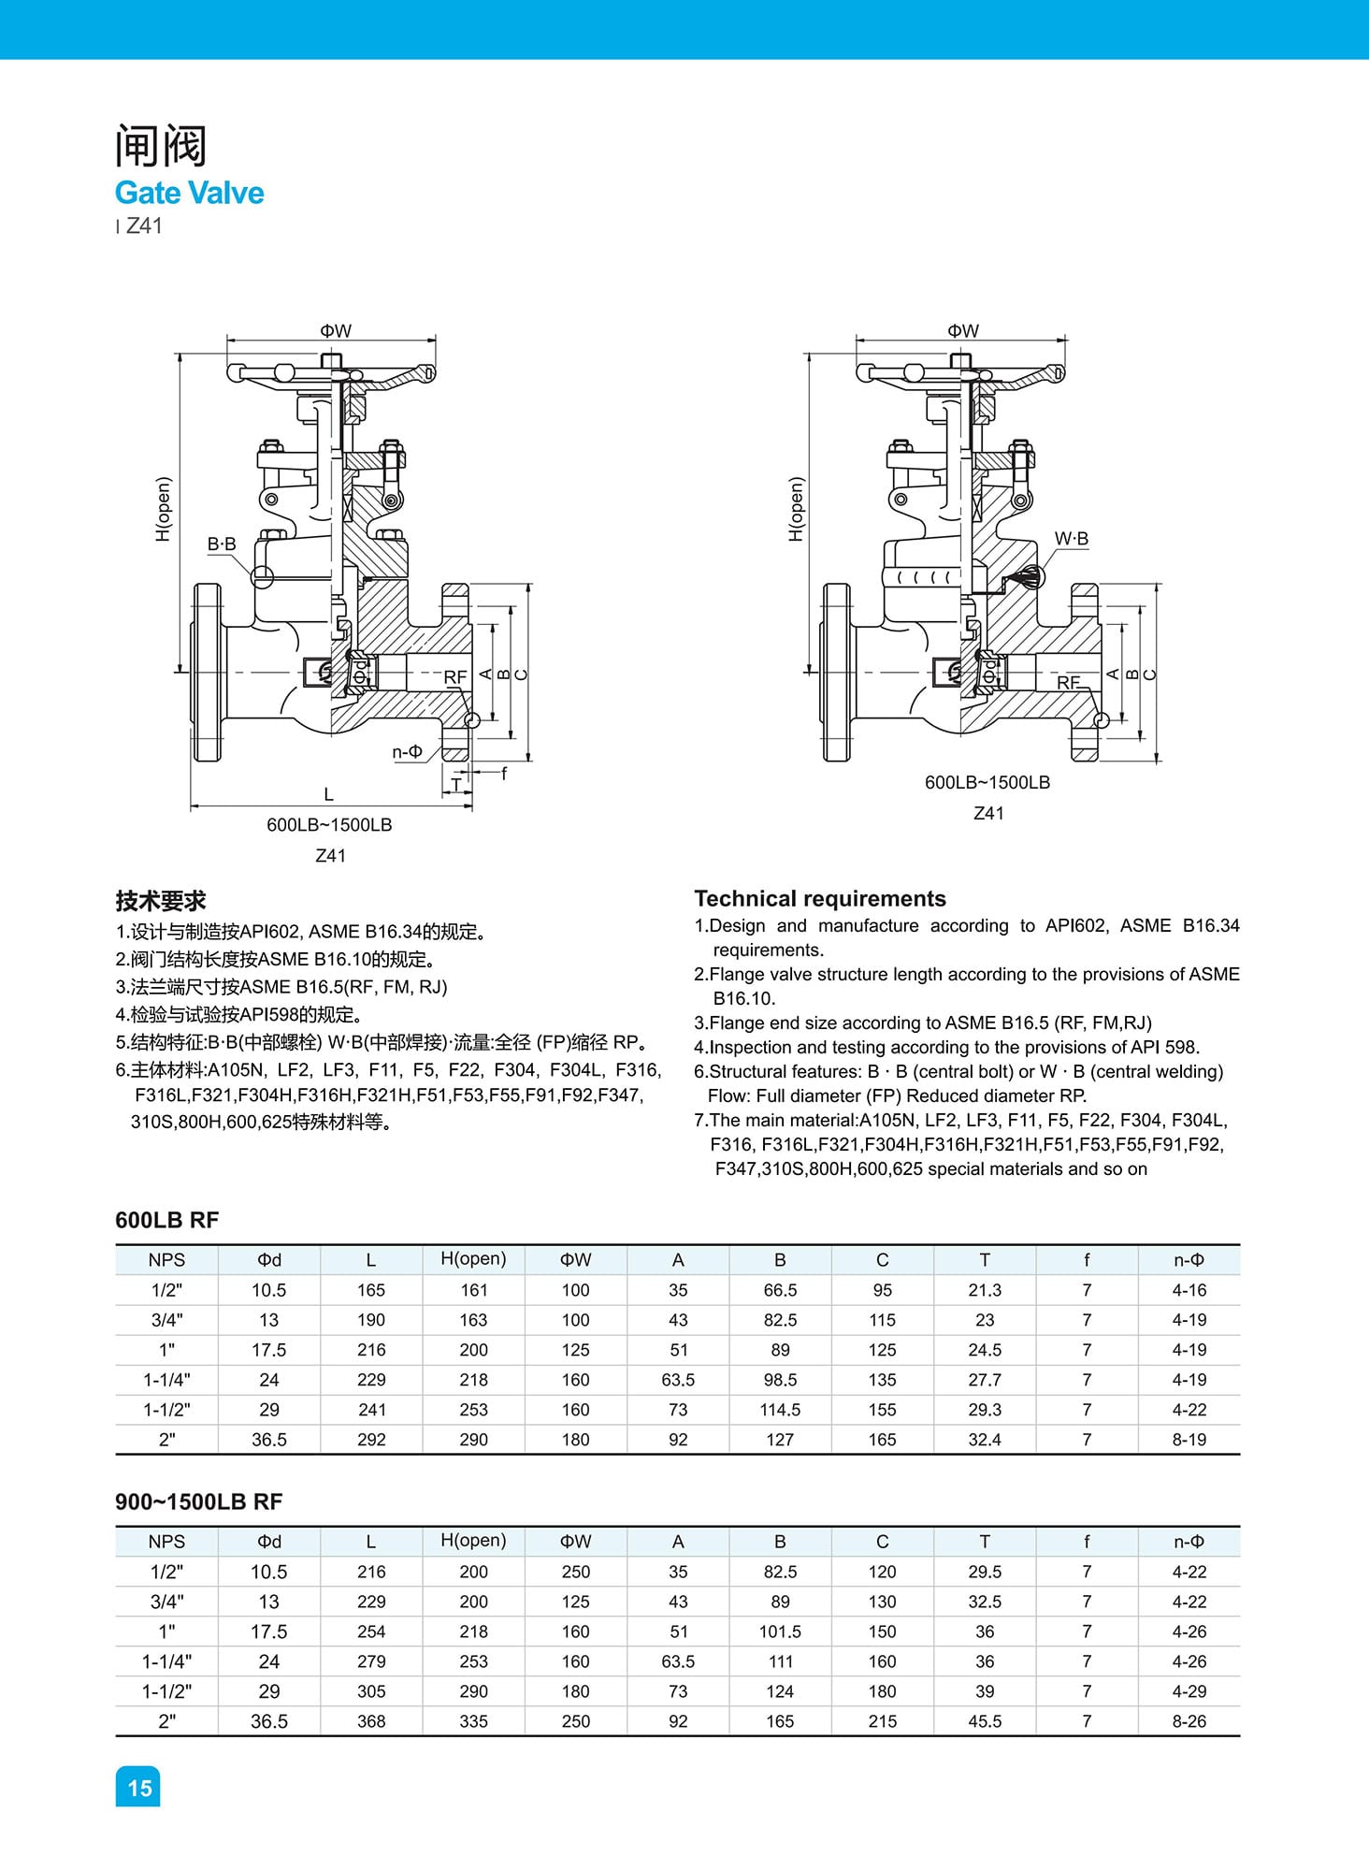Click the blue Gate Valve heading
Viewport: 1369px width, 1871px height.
pos(189,193)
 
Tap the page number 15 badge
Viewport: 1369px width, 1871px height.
pos(138,1787)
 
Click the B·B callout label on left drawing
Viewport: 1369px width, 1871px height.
pos(222,544)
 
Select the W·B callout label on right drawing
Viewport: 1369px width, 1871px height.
pos(1072,539)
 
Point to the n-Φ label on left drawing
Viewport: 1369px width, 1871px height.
pos(408,751)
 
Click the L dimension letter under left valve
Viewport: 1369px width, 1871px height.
pos(328,794)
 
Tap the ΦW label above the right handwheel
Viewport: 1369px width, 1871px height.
pos(962,331)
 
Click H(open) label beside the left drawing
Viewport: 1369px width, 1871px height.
pos(164,509)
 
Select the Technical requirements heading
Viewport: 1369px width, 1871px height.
pos(819,898)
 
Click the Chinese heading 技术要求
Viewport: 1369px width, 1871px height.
pos(160,901)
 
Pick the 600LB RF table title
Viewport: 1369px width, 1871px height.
pos(166,1220)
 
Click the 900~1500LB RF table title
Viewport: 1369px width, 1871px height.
pos(198,1501)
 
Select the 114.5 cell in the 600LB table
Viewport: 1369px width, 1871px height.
pos(780,1410)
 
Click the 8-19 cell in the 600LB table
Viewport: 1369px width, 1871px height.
pos(1189,1440)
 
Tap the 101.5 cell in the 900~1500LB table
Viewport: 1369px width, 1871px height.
pos(780,1632)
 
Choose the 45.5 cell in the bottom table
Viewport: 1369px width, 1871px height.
pos(984,1721)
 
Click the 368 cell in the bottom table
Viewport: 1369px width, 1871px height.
pos(371,1721)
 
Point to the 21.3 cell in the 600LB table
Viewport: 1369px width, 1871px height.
pos(984,1290)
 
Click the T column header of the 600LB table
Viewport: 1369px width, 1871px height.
pos(984,1260)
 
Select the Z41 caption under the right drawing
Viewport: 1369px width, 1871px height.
pos(988,813)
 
